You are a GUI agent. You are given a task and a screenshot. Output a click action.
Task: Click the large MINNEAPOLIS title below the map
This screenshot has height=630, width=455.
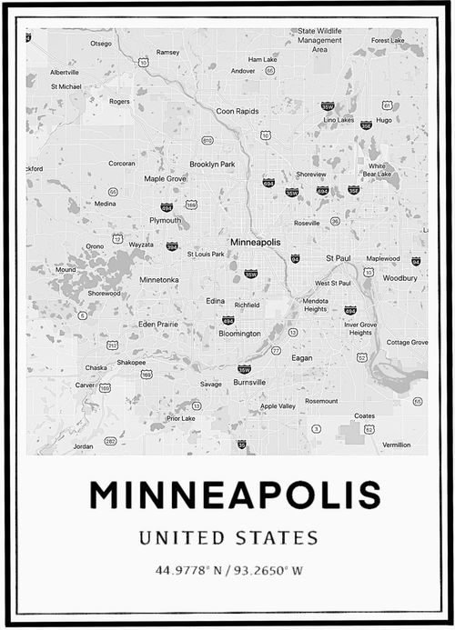[x=235, y=495]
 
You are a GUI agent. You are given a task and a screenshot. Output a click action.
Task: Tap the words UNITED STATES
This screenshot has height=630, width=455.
[x=228, y=538]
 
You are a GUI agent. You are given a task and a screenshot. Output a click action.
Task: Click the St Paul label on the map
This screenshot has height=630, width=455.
[x=338, y=257]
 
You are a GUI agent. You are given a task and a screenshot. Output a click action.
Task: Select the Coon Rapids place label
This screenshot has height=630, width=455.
[x=238, y=111]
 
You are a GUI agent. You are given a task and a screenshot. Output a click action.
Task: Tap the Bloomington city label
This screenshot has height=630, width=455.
[x=239, y=334]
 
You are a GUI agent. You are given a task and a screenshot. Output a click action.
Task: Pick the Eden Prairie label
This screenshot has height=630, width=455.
[x=157, y=324]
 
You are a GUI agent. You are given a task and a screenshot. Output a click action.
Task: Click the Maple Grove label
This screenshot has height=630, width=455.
[x=165, y=178]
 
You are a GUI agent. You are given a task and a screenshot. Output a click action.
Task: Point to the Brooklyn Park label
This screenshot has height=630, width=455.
[x=212, y=164]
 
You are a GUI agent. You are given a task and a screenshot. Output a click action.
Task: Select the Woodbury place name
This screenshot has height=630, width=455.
[x=399, y=278]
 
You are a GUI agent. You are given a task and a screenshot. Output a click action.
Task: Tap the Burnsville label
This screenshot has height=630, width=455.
[x=249, y=383]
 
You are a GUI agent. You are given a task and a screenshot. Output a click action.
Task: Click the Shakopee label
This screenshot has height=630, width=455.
[x=131, y=362]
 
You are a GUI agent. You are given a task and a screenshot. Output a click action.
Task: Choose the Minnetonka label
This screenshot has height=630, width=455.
[x=159, y=280]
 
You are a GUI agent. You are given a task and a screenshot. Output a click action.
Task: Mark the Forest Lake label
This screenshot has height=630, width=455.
[x=388, y=41]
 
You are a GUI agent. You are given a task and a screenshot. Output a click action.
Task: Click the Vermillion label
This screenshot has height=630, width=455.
[x=396, y=445]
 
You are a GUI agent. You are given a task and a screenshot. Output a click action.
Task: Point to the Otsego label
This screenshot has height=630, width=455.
[x=100, y=43]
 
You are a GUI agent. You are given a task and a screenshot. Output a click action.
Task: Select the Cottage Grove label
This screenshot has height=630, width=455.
[x=407, y=343]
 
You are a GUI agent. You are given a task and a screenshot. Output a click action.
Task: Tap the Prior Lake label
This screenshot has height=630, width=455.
[x=180, y=418]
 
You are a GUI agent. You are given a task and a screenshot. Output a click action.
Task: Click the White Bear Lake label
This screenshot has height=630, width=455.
[x=376, y=170]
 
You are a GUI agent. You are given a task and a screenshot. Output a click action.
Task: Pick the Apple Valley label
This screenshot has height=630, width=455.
[x=278, y=406]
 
